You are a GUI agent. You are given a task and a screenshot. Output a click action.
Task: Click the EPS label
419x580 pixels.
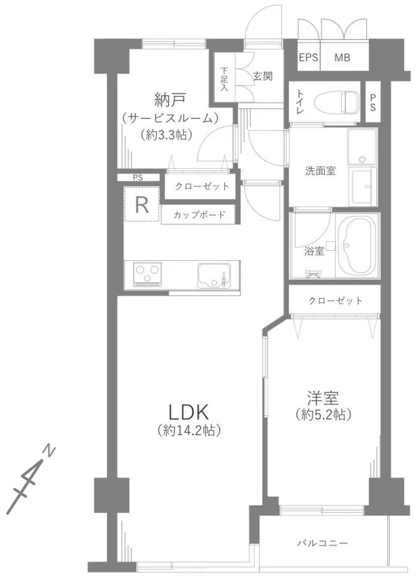point(309,58)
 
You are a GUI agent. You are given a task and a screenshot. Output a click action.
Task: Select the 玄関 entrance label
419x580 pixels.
point(263,77)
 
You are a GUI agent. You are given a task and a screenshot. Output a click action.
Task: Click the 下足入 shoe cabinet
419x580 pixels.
point(224,79)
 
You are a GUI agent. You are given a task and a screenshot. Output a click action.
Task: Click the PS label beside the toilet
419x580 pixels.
point(373,102)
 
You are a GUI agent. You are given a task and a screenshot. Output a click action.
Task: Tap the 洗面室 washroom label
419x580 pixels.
point(320,171)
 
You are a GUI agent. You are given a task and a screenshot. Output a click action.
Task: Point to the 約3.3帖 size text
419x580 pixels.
point(167,135)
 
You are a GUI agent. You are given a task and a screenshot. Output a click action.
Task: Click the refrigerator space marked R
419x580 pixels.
point(142,205)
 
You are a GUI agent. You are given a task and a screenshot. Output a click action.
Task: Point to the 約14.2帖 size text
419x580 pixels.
point(191,430)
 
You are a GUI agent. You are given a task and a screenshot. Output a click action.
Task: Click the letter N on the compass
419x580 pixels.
point(51,450)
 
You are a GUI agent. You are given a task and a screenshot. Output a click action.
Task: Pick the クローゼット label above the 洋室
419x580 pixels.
point(335,300)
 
